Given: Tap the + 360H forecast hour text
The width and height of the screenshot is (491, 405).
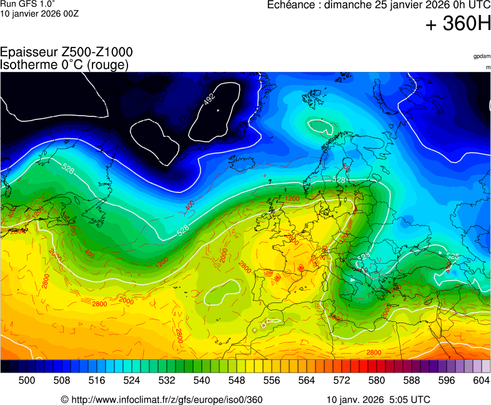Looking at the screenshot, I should pyautogui.click(x=457, y=24).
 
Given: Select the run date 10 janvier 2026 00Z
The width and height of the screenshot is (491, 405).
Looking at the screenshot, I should pyautogui.click(x=39, y=14).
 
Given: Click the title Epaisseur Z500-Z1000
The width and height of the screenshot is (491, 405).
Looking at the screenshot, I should pyautogui.click(x=66, y=52).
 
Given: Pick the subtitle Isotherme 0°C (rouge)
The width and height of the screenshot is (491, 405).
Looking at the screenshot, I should pyautogui.click(x=64, y=64).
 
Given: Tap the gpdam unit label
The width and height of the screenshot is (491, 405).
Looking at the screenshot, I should pyautogui.click(x=482, y=56).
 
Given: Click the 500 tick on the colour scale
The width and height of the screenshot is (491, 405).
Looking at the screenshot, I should pyautogui.click(x=27, y=380).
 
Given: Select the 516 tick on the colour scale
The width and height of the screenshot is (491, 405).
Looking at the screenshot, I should pyautogui.click(x=97, y=380).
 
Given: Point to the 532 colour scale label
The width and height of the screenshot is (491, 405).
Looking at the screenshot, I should pyautogui.click(x=167, y=380).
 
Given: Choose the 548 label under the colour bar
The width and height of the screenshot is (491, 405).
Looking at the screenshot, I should pyautogui.click(x=237, y=380).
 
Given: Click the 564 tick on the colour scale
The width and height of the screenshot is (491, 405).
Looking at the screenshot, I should pyautogui.click(x=307, y=380).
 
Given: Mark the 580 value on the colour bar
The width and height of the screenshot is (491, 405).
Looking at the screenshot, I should pyautogui.click(x=377, y=380).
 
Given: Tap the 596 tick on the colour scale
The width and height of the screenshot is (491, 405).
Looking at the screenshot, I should pyautogui.click(x=447, y=380).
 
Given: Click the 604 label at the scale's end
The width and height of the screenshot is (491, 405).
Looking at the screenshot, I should pyautogui.click(x=481, y=380).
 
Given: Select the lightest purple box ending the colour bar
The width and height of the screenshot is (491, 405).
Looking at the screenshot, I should pyautogui.click(x=486, y=367).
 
